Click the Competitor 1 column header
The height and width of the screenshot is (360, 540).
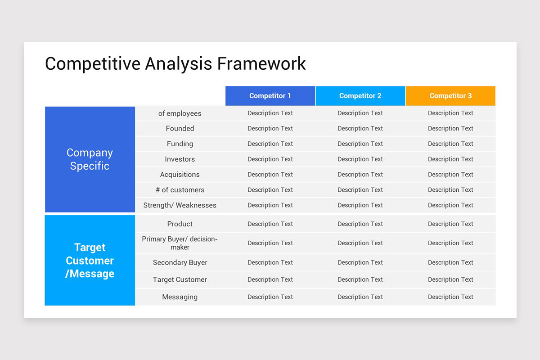270,96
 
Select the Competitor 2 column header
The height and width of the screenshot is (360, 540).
360,96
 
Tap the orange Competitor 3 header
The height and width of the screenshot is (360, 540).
450,96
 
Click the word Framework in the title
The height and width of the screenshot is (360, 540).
261,63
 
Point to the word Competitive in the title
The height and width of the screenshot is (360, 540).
92,63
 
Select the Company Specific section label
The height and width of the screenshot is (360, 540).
90,159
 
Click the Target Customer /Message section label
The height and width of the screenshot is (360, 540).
90,261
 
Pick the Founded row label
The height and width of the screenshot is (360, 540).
180,129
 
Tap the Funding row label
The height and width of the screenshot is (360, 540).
180,144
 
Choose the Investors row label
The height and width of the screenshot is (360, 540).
180,159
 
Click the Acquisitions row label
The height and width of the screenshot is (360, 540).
180,175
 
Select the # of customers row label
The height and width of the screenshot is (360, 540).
180,190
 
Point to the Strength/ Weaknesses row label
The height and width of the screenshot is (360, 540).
180,205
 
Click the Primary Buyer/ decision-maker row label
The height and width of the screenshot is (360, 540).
180,243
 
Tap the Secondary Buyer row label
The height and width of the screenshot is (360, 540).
180,263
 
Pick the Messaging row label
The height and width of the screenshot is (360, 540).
180,297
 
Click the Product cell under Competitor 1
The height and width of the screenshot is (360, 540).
270,224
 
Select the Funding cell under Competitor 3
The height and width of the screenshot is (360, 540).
450,144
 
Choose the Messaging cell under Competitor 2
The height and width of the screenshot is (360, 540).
360,297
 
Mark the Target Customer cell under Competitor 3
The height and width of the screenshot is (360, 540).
450,280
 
